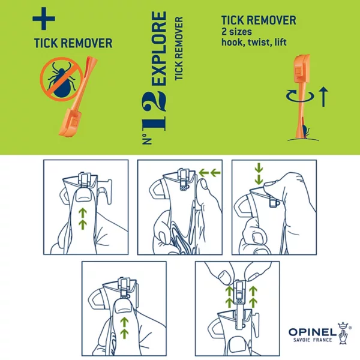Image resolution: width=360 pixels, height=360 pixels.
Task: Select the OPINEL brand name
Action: click(x=311, y=331)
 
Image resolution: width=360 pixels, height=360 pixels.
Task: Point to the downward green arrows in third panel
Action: click(x=258, y=174)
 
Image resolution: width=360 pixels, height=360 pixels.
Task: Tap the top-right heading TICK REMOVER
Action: click(x=259, y=20)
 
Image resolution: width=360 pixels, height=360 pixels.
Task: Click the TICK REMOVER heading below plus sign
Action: click(x=72, y=43)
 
